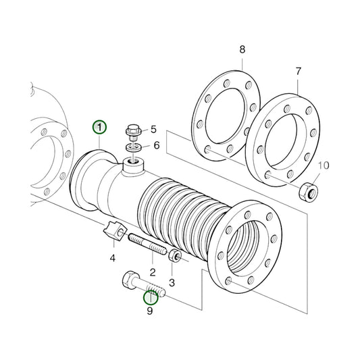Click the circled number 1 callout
coord(100,127)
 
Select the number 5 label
coord(153,128)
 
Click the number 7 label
coord(298,70)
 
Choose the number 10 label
coord(323,165)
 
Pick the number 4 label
coord(113,258)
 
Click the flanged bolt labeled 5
coord(132,130)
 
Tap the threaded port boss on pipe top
coord(132,163)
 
